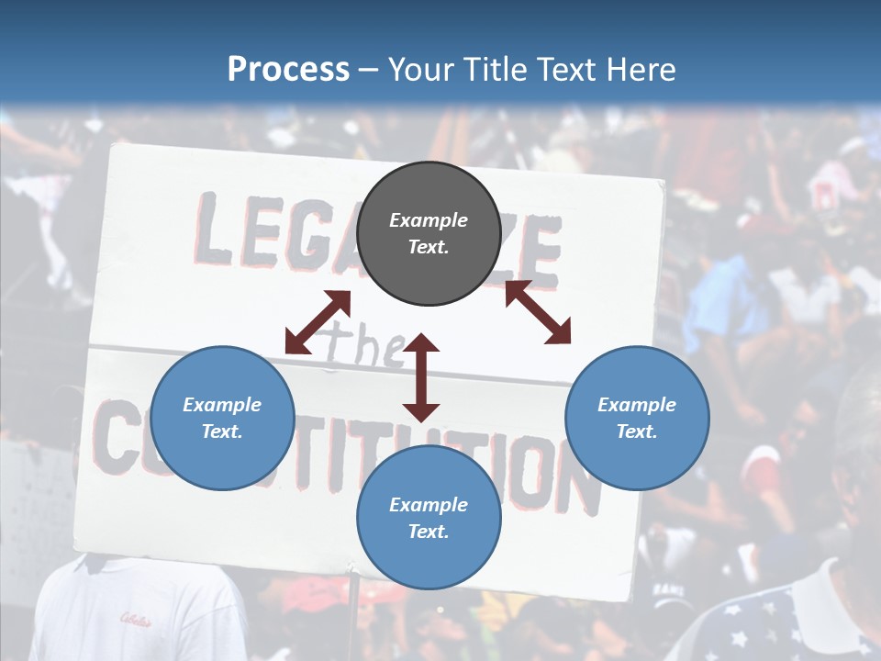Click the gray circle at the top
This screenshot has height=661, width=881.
pos(428,233)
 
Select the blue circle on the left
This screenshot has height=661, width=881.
pos(222,418)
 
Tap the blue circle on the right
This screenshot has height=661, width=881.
pos(637,418)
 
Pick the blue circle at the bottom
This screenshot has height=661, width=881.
pos(428,518)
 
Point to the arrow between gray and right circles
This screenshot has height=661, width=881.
pos(538,312)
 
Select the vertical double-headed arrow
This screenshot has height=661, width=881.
pos(421,377)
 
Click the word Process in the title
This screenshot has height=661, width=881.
pos(288,70)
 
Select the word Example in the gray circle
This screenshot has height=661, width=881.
pos(428,220)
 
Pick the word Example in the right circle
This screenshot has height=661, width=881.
pos(637,405)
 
